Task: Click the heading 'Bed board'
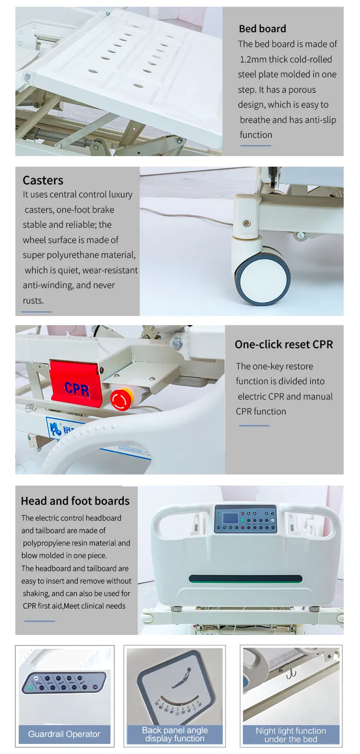click(263, 29)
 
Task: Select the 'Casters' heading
click(43, 181)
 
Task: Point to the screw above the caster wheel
click(247, 223)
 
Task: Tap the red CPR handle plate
click(76, 384)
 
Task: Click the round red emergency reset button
click(121, 400)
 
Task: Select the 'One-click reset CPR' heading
click(284, 344)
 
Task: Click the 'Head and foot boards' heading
click(75, 501)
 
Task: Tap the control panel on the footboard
click(246, 519)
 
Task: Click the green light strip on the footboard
click(246, 579)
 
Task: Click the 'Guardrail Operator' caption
click(64, 734)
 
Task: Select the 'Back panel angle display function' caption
click(175, 734)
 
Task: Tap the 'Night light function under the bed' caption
click(291, 735)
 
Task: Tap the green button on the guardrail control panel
click(30, 688)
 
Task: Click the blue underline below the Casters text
click(36, 312)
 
